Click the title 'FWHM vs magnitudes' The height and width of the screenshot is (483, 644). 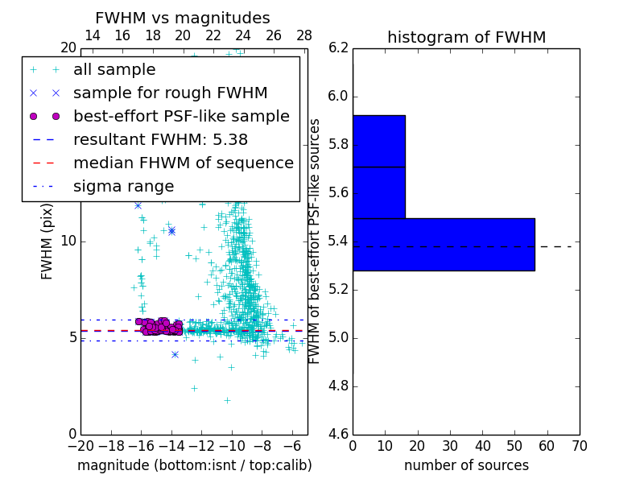[x=183, y=18]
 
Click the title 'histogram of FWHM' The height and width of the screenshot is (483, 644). [x=466, y=37]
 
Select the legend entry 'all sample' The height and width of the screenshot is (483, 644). [x=114, y=70]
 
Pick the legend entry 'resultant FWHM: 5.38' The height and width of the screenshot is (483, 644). [x=160, y=139]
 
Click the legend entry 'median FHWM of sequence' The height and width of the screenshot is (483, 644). [x=183, y=163]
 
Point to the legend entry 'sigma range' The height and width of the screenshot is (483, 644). [x=123, y=187]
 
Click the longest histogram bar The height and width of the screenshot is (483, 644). [x=444, y=244]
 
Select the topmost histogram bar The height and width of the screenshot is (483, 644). [x=378, y=141]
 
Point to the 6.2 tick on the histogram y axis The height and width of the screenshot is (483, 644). [x=339, y=48]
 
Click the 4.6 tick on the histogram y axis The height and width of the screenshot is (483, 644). [x=339, y=434]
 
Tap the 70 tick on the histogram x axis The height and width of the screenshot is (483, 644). [x=580, y=445]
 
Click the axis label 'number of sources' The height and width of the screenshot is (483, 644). [x=466, y=465]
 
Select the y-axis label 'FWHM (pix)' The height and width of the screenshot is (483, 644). [x=47, y=242]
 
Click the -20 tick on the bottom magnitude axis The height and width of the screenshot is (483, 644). [x=80, y=445]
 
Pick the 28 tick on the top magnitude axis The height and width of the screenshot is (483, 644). [x=304, y=35]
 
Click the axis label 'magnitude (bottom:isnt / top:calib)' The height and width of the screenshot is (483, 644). [x=194, y=465]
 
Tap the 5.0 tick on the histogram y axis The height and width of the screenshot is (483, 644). [x=339, y=337]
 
